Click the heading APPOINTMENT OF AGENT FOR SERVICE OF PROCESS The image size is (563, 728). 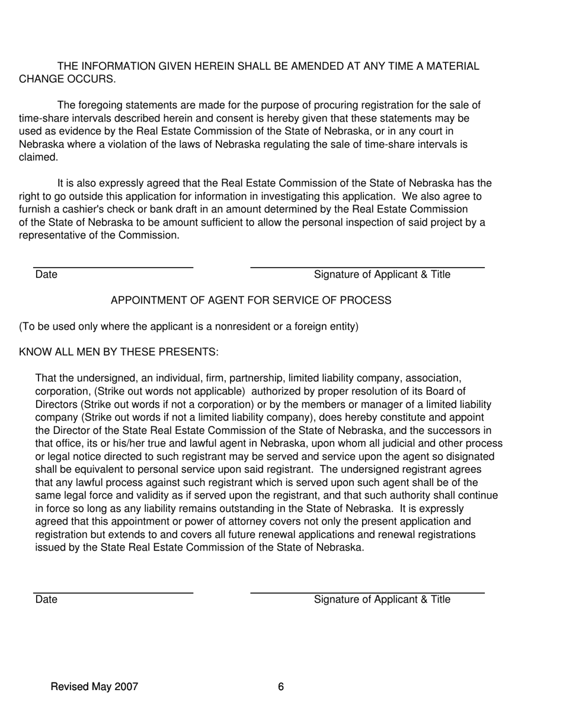[251, 301]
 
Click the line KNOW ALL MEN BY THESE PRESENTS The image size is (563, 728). [119, 352]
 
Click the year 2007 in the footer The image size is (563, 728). [126, 687]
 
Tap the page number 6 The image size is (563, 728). [281, 687]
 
